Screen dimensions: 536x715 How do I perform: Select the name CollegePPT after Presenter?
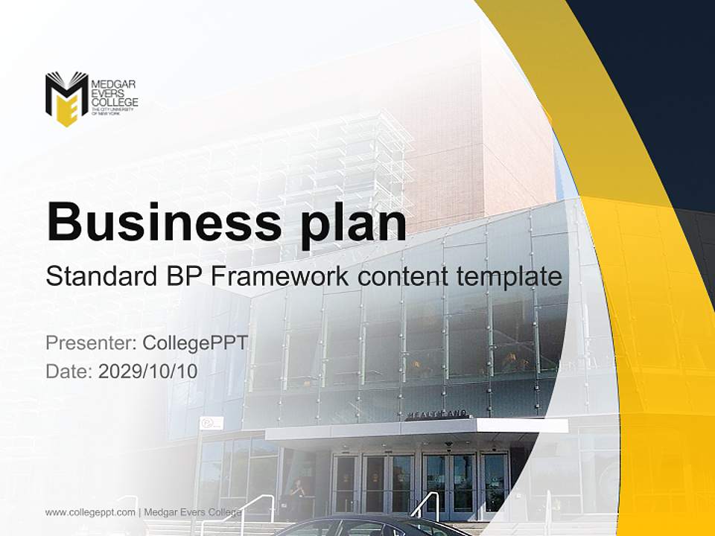coord(195,343)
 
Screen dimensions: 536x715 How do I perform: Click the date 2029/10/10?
coord(148,371)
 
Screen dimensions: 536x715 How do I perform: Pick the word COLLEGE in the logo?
coord(114,101)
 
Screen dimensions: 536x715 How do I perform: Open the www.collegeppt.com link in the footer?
coord(90,512)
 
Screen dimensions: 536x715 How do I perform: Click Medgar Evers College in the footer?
coord(193,512)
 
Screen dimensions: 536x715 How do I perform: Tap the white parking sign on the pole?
coord(211,424)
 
